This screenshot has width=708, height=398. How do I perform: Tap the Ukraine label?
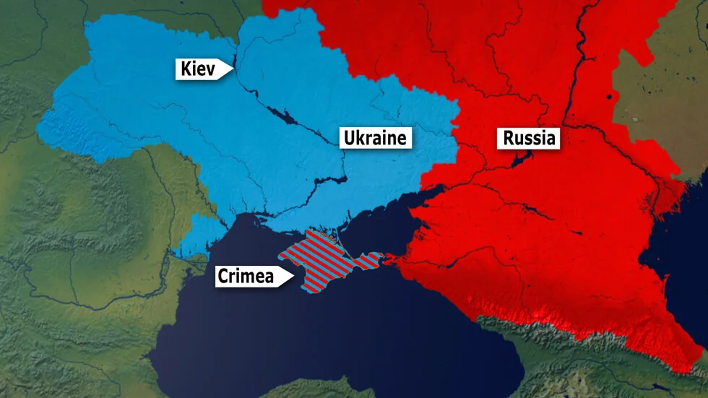[376, 137]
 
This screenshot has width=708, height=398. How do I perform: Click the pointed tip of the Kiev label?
[232, 69]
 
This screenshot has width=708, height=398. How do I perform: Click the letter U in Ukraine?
[350, 137]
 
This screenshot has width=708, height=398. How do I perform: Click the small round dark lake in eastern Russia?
[609, 96]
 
